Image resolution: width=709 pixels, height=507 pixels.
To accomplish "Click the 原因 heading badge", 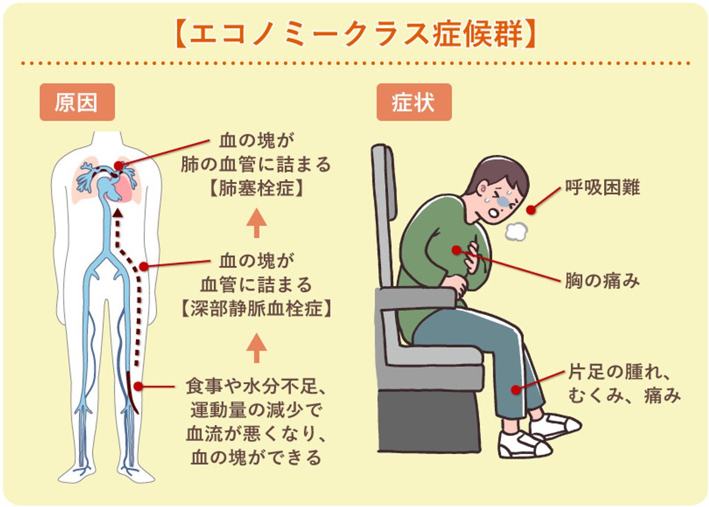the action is click(x=77, y=102).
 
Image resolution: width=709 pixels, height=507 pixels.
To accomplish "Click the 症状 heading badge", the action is click(x=413, y=102).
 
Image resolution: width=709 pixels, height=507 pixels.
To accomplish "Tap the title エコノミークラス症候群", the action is click(x=356, y=33).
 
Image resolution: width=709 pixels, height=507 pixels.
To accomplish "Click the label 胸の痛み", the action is click(x=602, y=280).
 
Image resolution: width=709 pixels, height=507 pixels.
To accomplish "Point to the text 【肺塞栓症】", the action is click(x=256, y=188).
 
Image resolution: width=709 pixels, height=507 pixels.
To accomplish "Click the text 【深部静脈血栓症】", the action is click(x=256, y=309).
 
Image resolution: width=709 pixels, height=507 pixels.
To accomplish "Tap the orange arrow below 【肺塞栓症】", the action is click(x=256, y=223).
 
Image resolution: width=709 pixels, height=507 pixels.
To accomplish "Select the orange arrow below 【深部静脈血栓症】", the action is click(x=256, y=348).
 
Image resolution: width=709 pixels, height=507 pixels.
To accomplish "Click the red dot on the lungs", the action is click(x=119, y=165).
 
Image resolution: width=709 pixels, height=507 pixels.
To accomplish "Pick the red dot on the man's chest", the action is click(x=457, y=250).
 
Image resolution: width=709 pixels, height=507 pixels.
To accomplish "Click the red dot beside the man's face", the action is click(x=531, y=209).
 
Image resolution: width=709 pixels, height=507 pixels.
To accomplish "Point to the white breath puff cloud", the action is click(x=516, y=231).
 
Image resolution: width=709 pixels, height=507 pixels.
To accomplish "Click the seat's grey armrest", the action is click(x=416, y=299).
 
